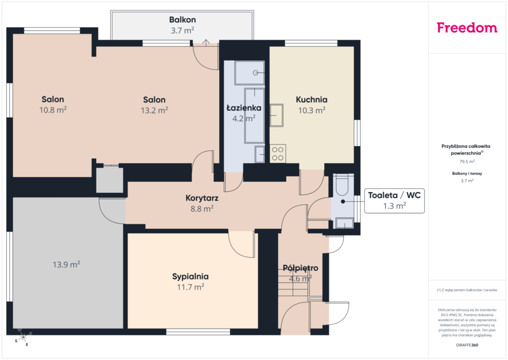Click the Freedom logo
click(x=467, y=28)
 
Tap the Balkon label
click(x=183, y=20)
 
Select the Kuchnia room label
click(x=312, y=100)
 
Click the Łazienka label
click(x=244, y=108)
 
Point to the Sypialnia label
click(x=190, y=277)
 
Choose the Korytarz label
click(x=202, y=198)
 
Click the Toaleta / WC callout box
click(x=394, y=201)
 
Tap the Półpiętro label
click(x=300, y=268)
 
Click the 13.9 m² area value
click(x=66, y=265)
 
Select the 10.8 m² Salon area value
click(x=53, y=110)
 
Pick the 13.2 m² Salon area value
click(x=154, y=110)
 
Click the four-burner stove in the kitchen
click(x=278, y=154)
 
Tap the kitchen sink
click(x=277, y=115)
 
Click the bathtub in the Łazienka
click(x=254, y=116)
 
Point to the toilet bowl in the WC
click(x=342, y=185)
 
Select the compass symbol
click(x=23, y=338)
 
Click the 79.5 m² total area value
click(x=467, y=161)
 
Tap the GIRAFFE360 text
click(x=467, y=345)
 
